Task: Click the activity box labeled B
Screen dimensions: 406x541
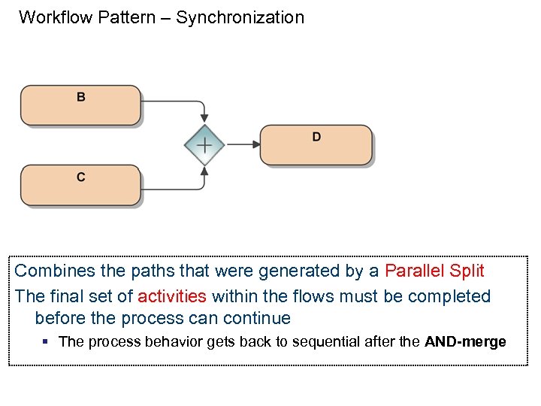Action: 80,105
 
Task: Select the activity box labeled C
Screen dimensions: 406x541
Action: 80,185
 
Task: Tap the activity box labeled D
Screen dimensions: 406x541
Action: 316,144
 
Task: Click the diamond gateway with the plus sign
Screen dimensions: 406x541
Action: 204,144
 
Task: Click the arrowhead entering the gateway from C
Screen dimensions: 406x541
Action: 204,171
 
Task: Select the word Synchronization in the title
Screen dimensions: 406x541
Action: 240,17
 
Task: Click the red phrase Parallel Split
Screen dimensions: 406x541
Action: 434,271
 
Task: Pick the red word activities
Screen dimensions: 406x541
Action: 171,296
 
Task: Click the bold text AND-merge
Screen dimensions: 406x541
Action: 465,341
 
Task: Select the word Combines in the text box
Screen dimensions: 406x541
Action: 51,271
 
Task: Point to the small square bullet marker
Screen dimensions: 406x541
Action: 45,341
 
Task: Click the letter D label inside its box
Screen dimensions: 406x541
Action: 316,137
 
